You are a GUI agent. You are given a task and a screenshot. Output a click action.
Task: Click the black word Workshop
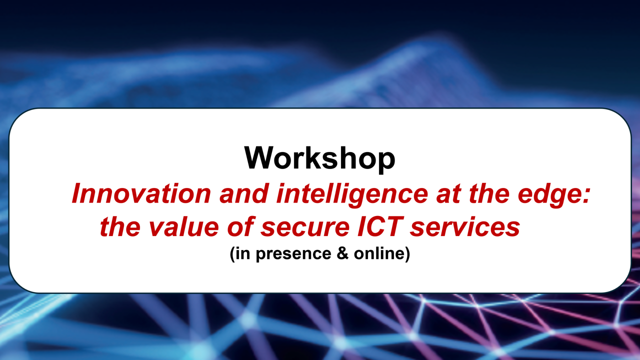pos(319,158)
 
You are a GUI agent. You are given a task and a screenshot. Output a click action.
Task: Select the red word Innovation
pos(141,193)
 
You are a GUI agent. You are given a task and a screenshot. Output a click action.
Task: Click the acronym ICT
pos(380,226)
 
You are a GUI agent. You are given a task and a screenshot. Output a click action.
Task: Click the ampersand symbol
pos(342,253)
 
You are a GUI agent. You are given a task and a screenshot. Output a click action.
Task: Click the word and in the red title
pos(243,193)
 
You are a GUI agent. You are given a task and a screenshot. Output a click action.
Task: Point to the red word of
pos(240,226)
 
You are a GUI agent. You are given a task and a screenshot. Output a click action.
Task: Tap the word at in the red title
pos(448,194)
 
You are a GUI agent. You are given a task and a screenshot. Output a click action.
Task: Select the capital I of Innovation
pos(77,193)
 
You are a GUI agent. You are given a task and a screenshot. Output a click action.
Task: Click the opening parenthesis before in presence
pos(232,254)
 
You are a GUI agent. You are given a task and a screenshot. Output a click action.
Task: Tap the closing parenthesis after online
pos(407,254)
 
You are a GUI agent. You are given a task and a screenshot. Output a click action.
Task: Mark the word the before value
pos(120,226)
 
